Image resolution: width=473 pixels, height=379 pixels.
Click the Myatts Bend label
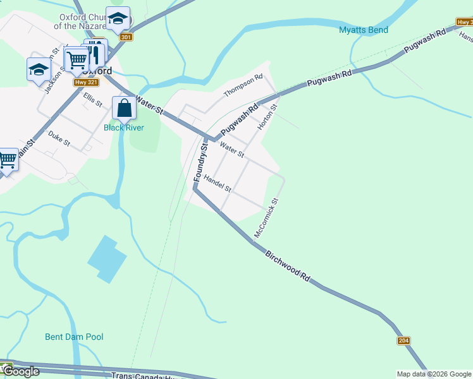point(364,30)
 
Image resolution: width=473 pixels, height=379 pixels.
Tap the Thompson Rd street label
point(243,86)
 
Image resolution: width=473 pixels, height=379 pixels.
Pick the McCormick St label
point(266,219)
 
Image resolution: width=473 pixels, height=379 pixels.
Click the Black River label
point(124,128)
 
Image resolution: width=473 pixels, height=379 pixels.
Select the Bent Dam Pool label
point(74,337)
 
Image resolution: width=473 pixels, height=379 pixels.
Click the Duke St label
point(59,138)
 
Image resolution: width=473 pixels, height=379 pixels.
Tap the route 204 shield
point(403,341)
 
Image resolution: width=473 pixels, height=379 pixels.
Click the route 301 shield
point(126,37)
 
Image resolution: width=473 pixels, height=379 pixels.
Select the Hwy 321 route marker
point(85,82)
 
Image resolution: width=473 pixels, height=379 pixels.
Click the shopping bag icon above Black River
point(124,109)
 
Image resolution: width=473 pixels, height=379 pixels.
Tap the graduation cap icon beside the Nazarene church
point(118,19)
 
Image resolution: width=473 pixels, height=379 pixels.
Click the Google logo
point(20,371)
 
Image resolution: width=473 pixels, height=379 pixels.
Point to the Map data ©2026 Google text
point(434,374)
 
